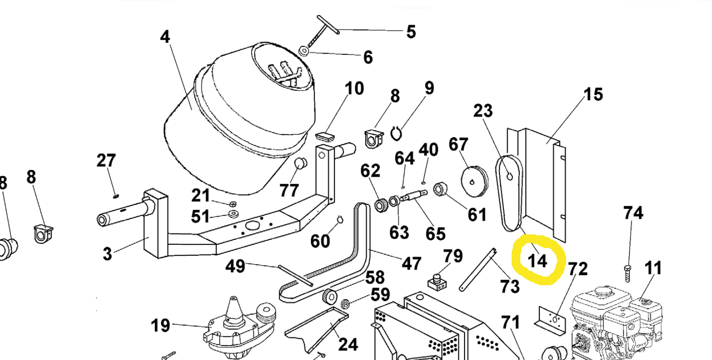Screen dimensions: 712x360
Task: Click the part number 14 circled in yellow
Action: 538,261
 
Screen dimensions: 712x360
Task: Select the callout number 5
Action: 411,32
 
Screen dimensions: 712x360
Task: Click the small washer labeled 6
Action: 304,51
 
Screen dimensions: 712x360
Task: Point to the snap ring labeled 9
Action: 396,134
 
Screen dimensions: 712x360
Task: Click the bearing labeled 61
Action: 440,189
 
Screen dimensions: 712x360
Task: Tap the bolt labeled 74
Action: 627,273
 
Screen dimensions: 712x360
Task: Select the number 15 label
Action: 593,94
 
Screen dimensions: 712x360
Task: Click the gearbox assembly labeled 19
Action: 238,327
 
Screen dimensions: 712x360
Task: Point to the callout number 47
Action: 412,263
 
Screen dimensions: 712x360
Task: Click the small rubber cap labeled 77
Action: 300,164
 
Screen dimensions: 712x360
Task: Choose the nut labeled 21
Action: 232,204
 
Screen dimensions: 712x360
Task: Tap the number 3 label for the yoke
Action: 107,254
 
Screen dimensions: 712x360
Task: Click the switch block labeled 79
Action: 437,282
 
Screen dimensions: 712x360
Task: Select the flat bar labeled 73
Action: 478,269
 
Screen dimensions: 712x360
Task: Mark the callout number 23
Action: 483,111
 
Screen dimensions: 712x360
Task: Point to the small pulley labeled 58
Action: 329,297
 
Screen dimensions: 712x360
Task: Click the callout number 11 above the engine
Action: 653,268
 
